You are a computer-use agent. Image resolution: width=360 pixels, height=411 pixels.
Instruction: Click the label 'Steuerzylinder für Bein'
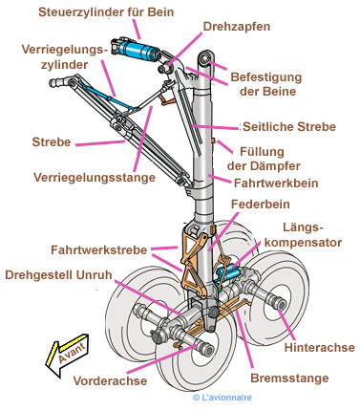pyautogui.click(x=106, y=12)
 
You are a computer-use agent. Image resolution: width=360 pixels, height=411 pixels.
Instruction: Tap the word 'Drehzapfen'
pyautogui.click(x=237, y=27)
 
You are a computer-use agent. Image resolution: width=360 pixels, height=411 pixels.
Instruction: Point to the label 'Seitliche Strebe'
pyautogui.click(x=289, y=127)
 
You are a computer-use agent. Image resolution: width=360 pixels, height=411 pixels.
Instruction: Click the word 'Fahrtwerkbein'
pyautogui.click(x=276, y=184)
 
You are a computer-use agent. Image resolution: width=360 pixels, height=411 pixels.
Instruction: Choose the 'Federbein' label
pyautogui.click(x=261, y=205)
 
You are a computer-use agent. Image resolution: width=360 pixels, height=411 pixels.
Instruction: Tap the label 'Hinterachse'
pyautogui.click(x=319, y=347)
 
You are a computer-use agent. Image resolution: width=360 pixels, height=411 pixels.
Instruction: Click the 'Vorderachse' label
pyautogui.click(x=110, y=380)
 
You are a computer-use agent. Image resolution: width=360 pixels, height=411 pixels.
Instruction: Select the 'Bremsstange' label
pyautogui.click(x=289, y=379)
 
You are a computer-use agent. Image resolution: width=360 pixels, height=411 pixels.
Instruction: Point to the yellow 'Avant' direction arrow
pyautogui.click(x=68, y=354)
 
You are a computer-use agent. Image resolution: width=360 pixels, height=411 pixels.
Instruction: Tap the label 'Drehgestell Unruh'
pyautogui.click(x=58, y=274)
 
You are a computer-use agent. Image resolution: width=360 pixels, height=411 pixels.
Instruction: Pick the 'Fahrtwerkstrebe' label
pyautogui.click(x=99, y=249)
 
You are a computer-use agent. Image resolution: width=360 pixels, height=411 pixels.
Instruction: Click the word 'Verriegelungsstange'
pyautogui.click(x=95, y=178)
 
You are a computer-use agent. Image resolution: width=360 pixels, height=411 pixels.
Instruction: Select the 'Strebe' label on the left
pyautogui.click(x=52, y=142)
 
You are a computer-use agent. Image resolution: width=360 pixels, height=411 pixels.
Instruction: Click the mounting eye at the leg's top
pyautogui.click(x=205, y=58)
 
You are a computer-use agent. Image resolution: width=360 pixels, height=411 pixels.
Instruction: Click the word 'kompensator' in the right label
pyautogui.click(x=303, y=242)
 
